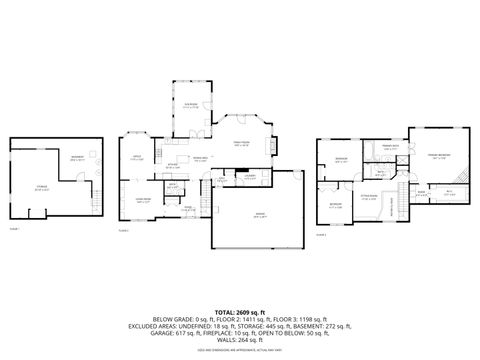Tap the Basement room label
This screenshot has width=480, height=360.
pyautogui.click(x=77, y=157)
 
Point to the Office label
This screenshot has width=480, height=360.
pyautogui.click(x=137, y=157)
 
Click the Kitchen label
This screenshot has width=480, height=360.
pyautogui.click(x=173, y=166)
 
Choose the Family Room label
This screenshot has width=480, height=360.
pyautogui.click(x=241, y=145)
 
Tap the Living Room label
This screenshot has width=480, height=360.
pyautogui.click(x=143, y=200)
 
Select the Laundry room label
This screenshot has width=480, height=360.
pyautogui.click(x=251, y=177)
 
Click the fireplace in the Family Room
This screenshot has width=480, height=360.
pyautogui.click(x=270, y=146)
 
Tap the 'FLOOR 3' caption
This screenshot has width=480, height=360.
pyautogui.click(x=320, y=236)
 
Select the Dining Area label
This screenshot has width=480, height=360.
pyautogui.click(x=200, y=158)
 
